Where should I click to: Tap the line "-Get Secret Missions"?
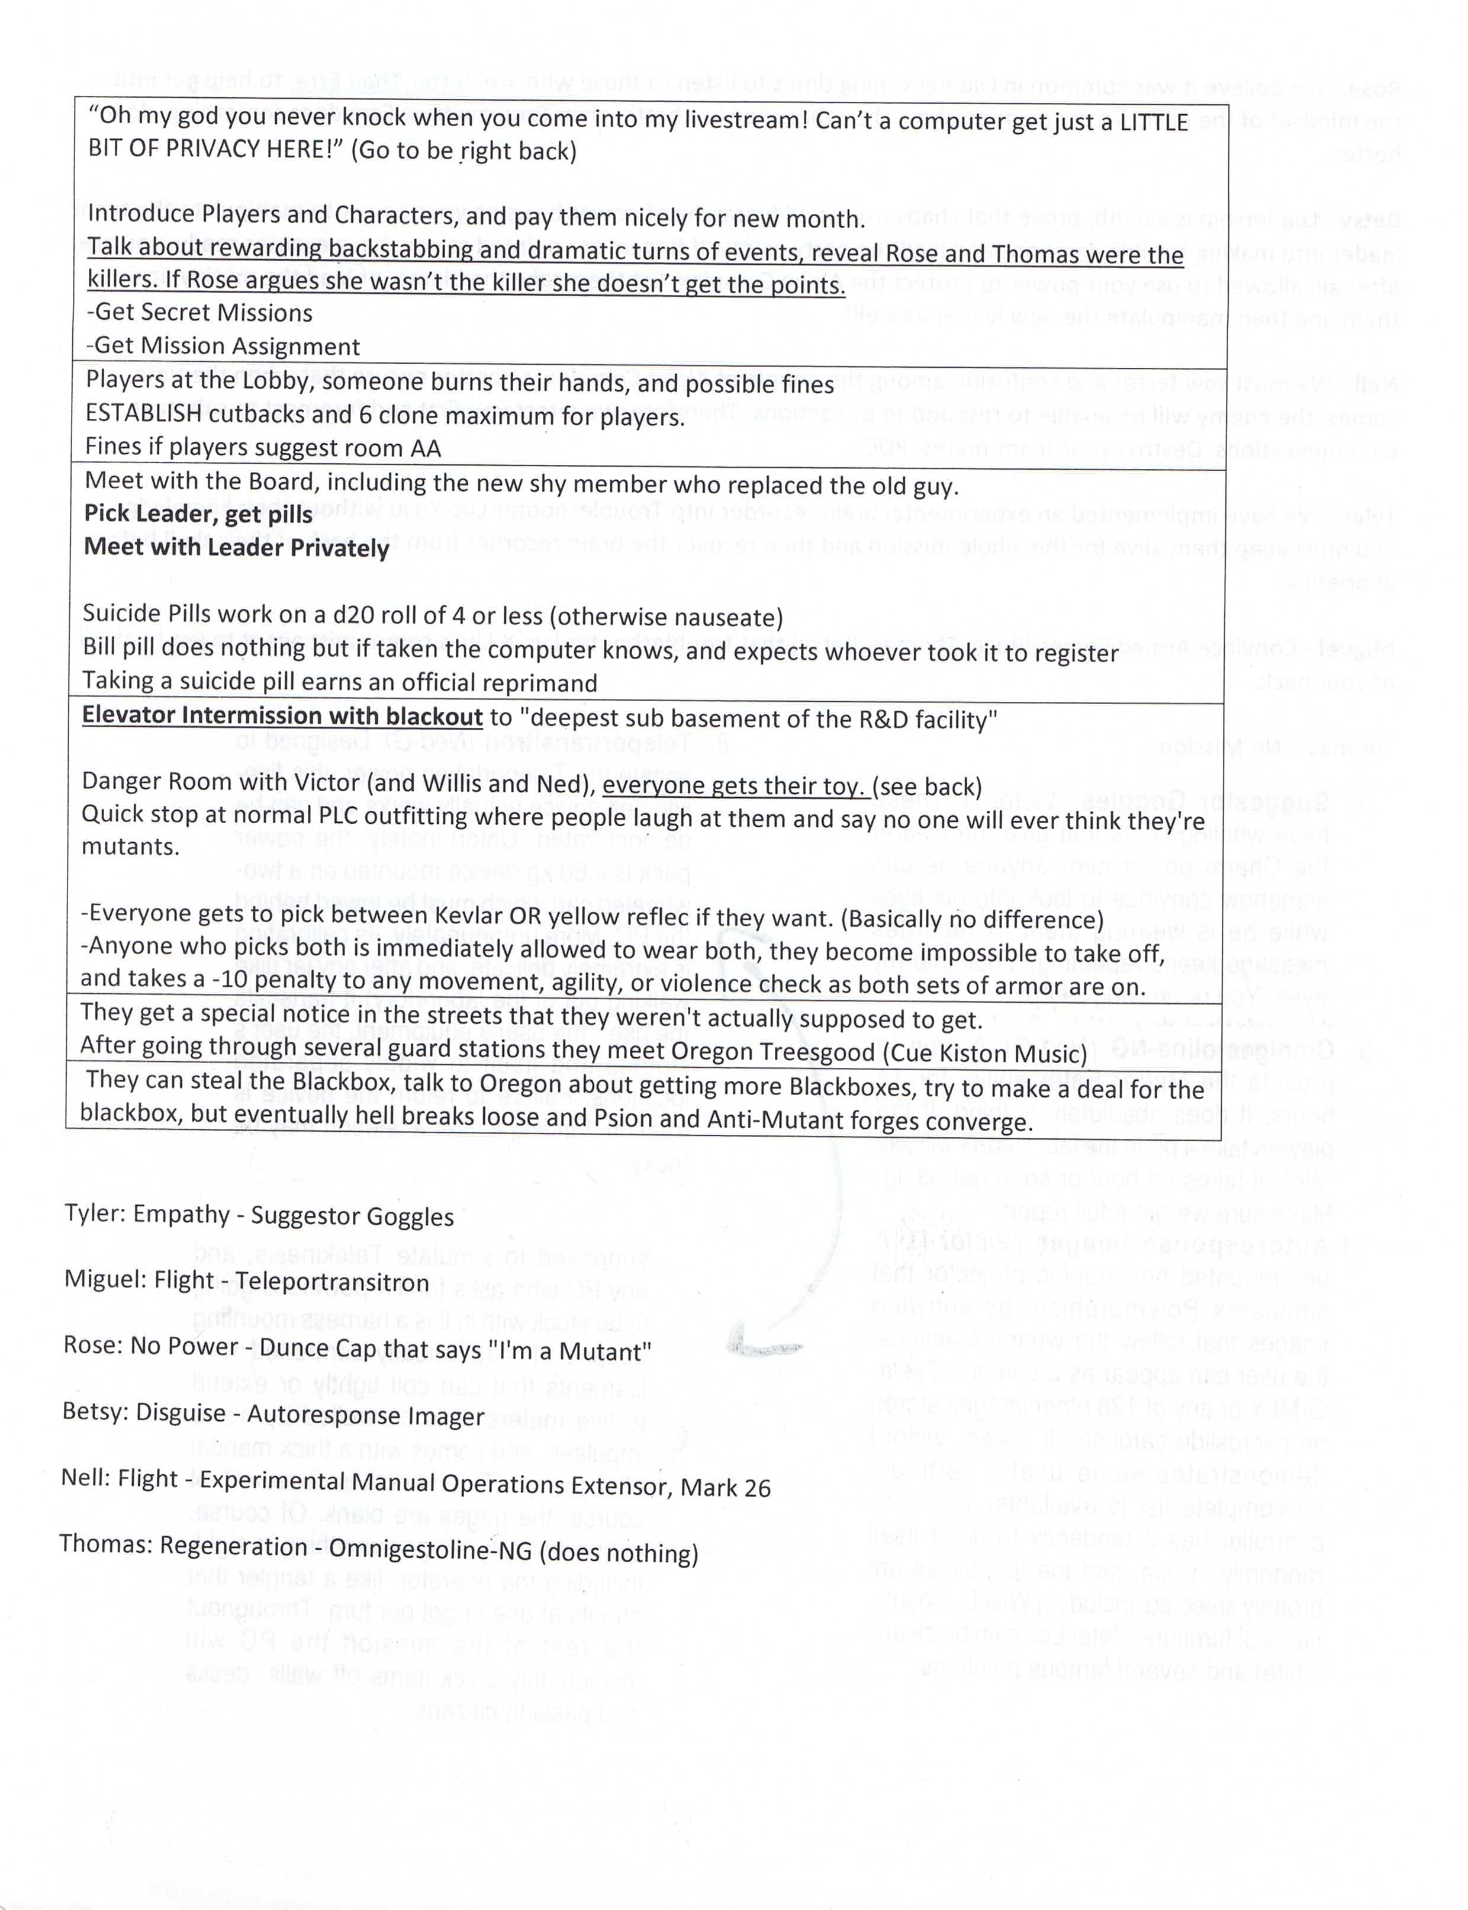pyautogui.click(x=199, y=313)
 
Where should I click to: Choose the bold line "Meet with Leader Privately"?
pyautogui.click(x=236, y=548)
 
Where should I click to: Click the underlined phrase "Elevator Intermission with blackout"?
pyautogui.click(x=281, y=716)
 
